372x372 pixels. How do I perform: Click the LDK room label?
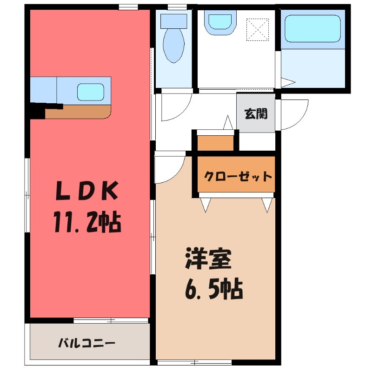pos(87,191)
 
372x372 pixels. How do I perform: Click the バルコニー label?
pos(87,344)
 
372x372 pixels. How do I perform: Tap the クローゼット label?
pos(238,177)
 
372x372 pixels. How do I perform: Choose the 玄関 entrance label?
pos(256,113)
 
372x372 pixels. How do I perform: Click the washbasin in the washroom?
pos(220,22)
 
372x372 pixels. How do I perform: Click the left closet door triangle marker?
pos(206,205)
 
